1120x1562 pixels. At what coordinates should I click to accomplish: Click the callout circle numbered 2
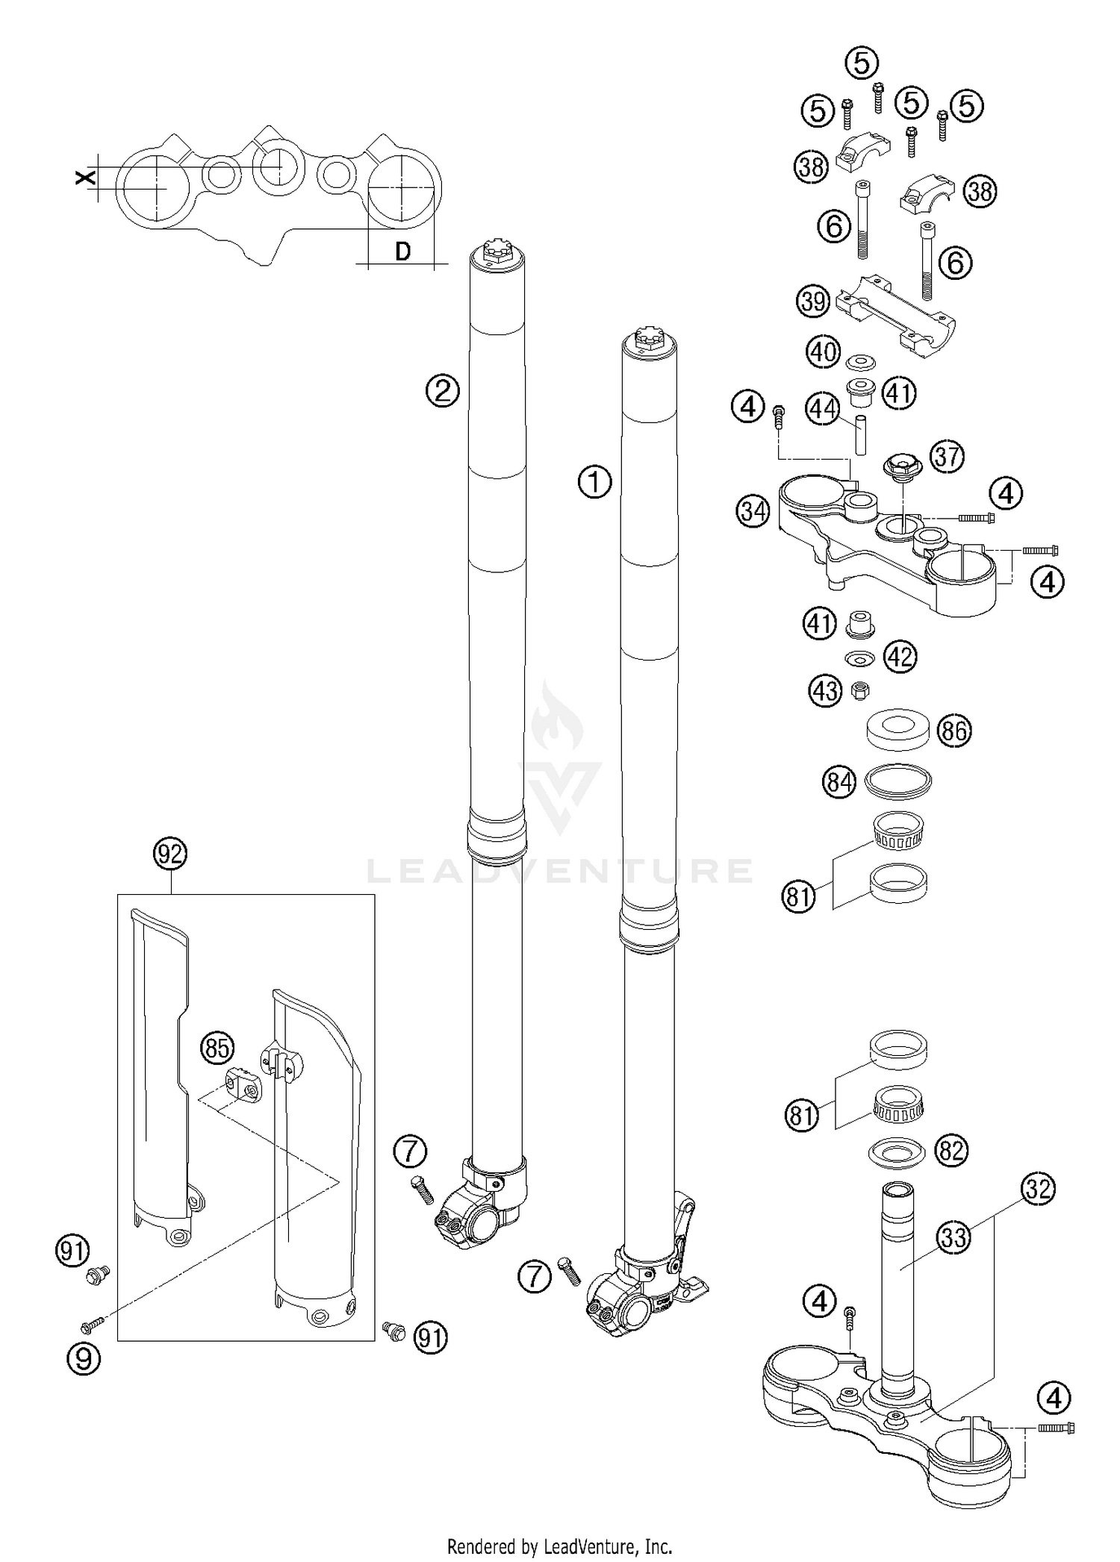(x=442, y=390)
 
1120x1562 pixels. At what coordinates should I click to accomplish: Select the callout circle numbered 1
(x=594, y=482)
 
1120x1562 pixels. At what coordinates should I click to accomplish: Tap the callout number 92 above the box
(x=170, y=853)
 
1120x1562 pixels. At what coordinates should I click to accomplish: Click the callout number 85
(x=217, y=1048)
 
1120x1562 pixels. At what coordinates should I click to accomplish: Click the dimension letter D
(x=402, y=252)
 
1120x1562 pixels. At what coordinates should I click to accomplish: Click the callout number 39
(x=814, y=302)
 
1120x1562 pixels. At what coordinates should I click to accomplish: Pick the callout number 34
(x=753, y=512)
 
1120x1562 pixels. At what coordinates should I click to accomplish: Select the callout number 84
(x=839, y=783)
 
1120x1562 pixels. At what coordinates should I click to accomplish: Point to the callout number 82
(x=951, y=1151)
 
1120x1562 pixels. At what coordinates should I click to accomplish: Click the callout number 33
(x=953, y=1238)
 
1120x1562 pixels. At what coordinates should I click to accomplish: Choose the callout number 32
(x=1037, y=1188)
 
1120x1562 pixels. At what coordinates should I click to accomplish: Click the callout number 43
(x=825, y=692)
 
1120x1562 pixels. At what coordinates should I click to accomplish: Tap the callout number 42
(x=900, y=657)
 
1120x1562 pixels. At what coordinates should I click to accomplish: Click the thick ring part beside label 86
(x=897, y=728)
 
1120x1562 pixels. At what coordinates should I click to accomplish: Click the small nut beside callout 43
(x=859, y=691)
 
